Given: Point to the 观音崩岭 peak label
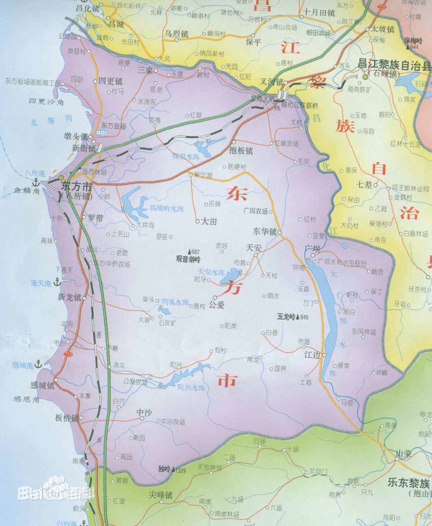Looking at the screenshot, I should point(188,259).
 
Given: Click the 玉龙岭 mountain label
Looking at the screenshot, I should point(286,317).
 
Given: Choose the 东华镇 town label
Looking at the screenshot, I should point(265,231).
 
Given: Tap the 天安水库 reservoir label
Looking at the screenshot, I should point(211,272).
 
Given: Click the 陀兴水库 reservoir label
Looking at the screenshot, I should point(191,387).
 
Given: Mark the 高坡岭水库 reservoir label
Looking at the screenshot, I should point(166,208).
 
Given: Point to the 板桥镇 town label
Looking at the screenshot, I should point(66,418).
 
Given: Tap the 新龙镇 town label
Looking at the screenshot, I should point(69,297).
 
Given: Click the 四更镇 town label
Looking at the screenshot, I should point(110,81).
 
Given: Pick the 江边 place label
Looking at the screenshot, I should point(312,355).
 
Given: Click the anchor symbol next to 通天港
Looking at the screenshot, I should point(57,283).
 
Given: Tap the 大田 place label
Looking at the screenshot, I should point(208,221).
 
